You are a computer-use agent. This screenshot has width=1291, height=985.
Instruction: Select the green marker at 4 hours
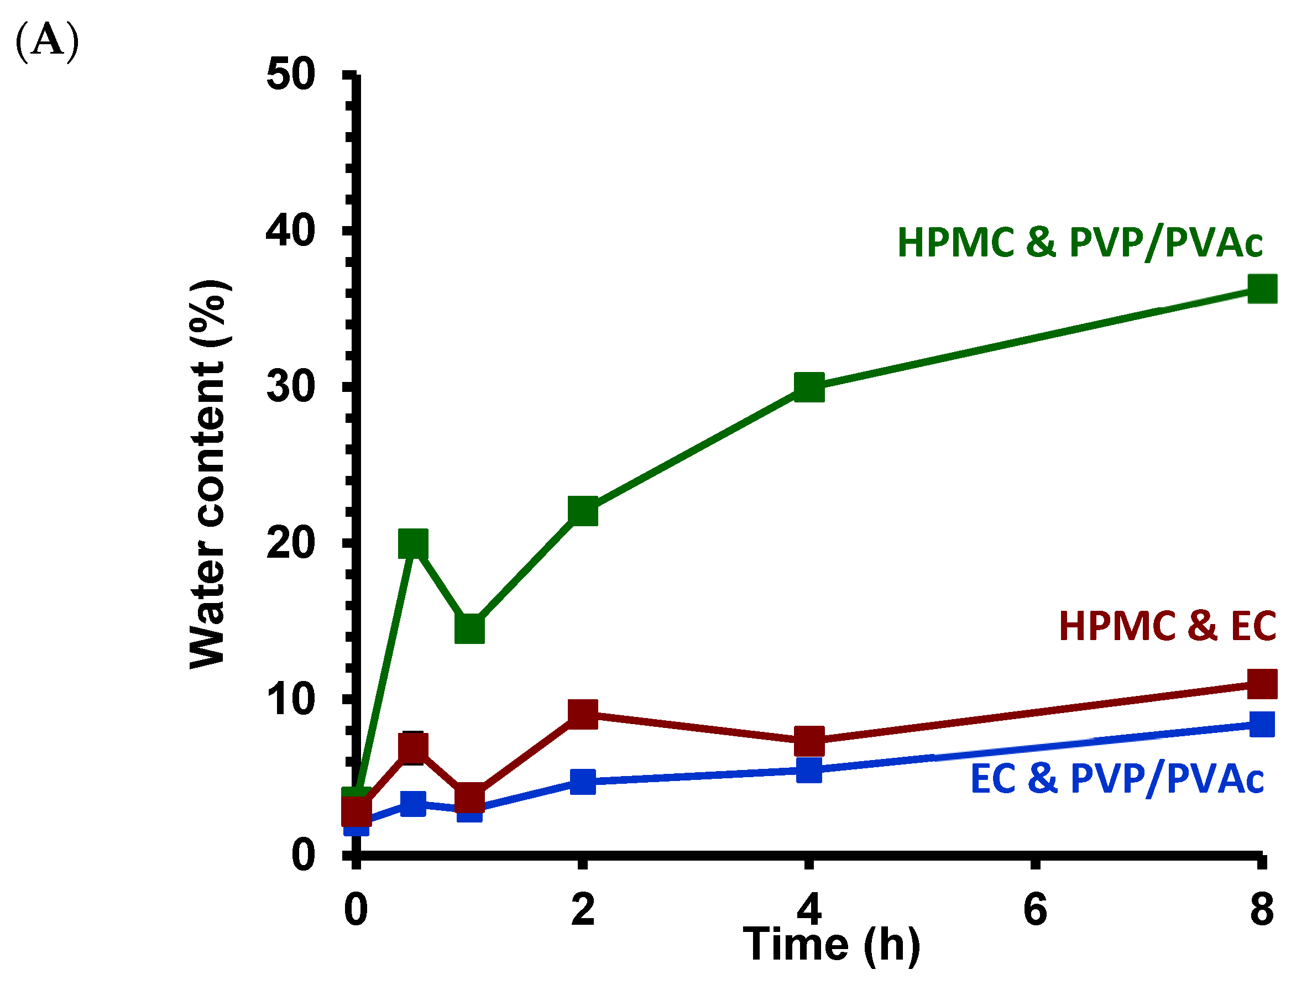coord(809,387)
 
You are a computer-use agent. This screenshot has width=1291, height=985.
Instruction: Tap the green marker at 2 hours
coord(583,511)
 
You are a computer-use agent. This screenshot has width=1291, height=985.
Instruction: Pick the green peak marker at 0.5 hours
coord(413,543)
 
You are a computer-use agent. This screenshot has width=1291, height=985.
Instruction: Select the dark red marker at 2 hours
coord(583,714)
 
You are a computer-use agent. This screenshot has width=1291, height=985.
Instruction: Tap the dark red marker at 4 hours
coord(809,741)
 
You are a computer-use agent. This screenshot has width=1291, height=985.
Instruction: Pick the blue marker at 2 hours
coord(583,782)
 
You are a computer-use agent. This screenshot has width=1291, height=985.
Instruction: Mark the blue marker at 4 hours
coord(809,770)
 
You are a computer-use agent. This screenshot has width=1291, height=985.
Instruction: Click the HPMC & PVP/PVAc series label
coord(1080,243)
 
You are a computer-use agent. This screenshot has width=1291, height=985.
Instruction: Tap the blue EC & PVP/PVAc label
coord(1117,779)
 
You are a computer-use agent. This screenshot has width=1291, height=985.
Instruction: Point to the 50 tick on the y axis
coord(291,75)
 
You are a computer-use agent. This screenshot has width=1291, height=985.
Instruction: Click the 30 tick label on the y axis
coord(291,387)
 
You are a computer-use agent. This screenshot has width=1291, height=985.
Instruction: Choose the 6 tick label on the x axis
coord(1036,909)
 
